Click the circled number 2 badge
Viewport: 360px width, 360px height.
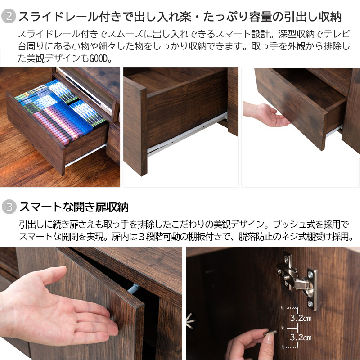coord(9,16)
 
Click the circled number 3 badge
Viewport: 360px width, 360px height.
coord(9,207)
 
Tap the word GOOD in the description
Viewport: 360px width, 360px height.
coord(98,58)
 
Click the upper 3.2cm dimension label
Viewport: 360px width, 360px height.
coord(301,318)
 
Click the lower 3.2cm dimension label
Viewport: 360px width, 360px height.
coord(301,337)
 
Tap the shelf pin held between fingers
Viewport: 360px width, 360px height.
coord(271,332)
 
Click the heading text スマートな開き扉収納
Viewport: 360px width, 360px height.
coord(74,207)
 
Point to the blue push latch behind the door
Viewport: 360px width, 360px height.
coord(133,288)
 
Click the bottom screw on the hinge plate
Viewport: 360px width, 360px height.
coord(310,304)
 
